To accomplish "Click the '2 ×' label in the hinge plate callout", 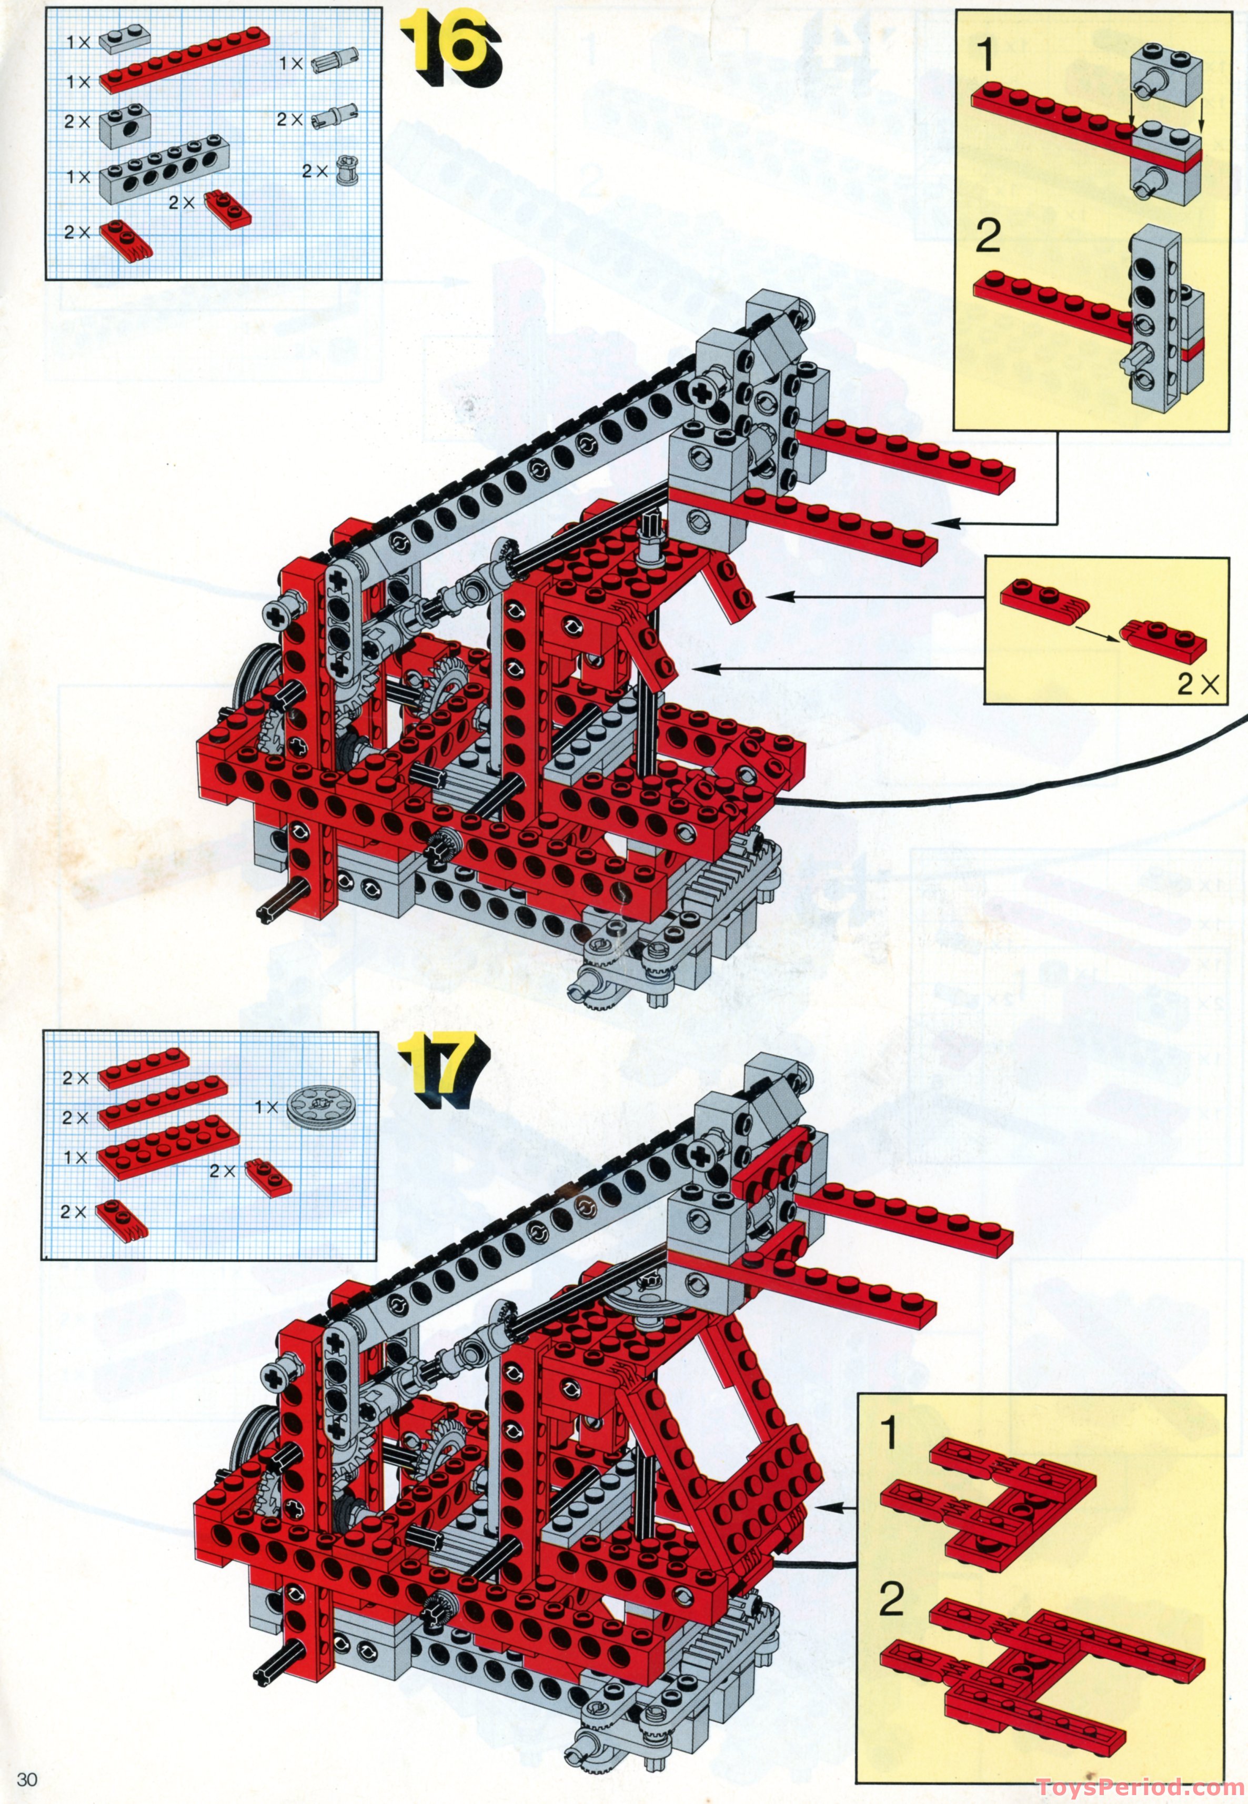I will coord(1197,687).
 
